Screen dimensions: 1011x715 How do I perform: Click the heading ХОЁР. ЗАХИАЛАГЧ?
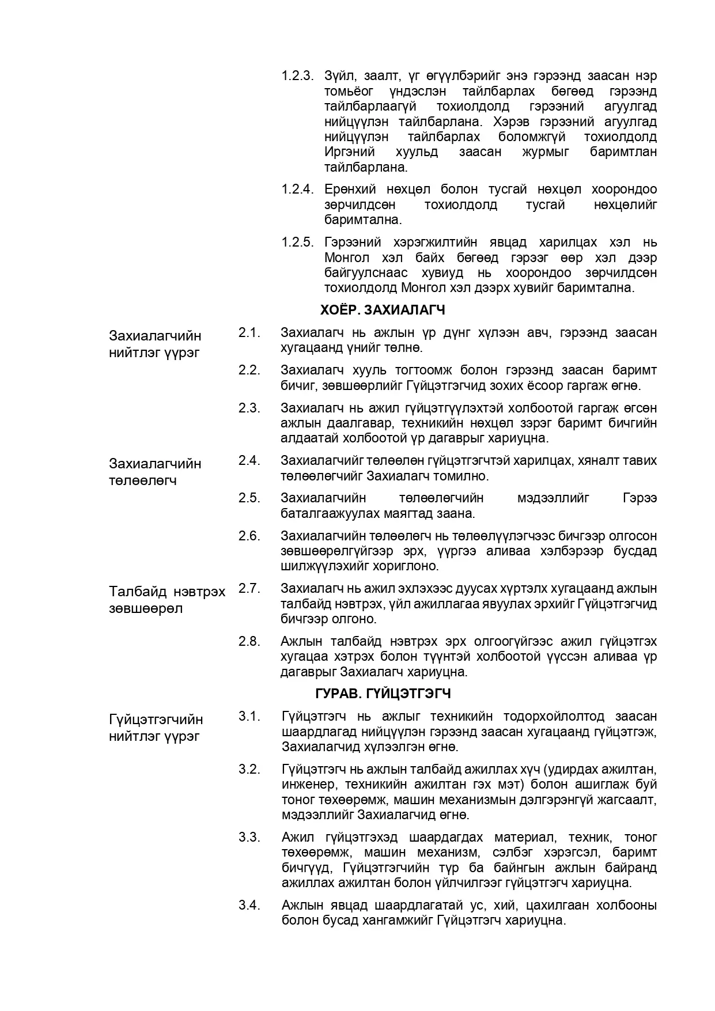point(383,310)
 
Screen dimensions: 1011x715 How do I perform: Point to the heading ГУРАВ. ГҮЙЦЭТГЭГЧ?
point(383,693)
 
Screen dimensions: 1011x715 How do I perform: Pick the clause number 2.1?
point(249,332)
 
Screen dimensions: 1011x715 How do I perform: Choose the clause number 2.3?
point(249,408)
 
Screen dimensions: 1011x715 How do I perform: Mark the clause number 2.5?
point(249,498)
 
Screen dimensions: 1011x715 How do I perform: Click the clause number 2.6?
point(249,536)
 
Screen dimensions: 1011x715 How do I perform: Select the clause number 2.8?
point(249,641)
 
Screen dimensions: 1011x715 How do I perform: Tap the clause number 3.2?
point(249,769)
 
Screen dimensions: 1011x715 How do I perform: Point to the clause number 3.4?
point(249,905)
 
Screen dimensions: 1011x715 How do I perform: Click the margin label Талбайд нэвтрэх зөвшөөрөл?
point(167,600)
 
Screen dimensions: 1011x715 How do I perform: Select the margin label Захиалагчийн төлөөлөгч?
point(155,472)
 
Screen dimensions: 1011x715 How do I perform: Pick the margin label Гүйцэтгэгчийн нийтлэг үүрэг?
point(156,728)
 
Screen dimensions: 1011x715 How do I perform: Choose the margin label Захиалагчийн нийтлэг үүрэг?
point(155,344)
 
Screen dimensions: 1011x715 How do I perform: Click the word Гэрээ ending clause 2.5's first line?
point(640,498)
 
